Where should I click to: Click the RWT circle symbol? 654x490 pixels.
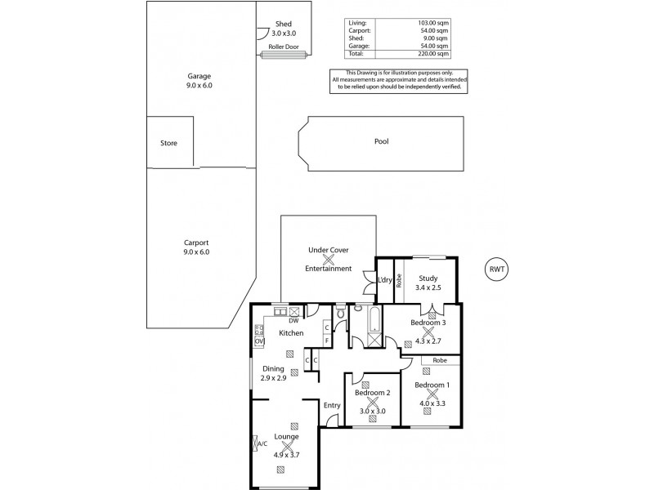pyautogui.click(x=495, y=270)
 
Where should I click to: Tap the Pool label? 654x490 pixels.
pyautogui.click(x=381, y=141)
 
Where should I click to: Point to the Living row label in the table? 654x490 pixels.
pyautogui.click(x=357, y=24)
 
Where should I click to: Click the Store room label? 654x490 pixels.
pyautogui.click(x=168, y=143)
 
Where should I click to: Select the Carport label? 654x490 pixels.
pyautogui.click(x=196, y=243)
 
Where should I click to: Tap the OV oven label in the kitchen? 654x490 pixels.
pyautogui.click(x=260, y=341)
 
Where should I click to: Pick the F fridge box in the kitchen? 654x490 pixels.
pyautogui.click(x=326, y=340)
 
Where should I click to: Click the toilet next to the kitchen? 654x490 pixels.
pyautogui.click(x=340, y=314)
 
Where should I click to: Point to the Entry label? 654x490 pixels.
pyautogui.click(x=332, y=406)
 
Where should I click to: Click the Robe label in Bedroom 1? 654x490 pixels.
pyautogui.click(x=440, y=361)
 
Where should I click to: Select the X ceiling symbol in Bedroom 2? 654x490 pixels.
pyautogui.click(x=374, y=403)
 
